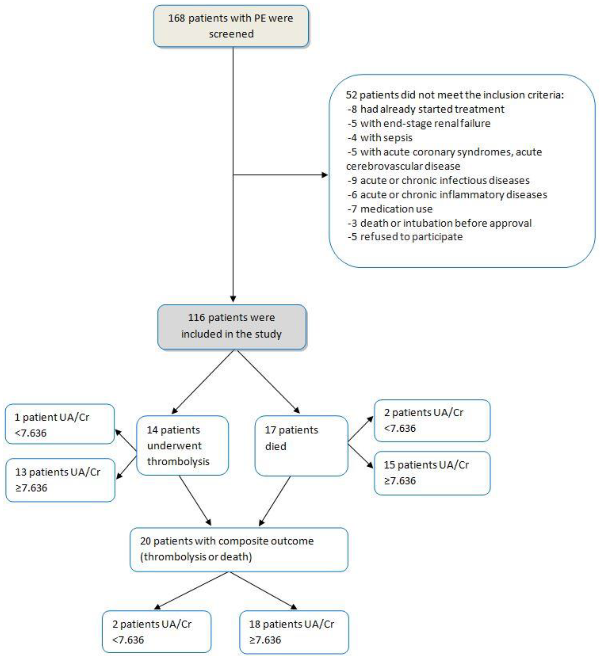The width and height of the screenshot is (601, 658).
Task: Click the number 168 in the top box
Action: (176, 18)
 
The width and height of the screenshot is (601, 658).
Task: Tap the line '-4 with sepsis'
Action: (380, 138)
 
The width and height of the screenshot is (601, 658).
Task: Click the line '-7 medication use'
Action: (390, 209)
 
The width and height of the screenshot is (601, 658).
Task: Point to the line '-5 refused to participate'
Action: (405, 237)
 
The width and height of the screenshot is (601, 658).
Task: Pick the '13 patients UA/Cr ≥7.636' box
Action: (60, 480)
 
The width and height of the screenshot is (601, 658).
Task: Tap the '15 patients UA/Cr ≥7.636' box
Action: (432, 473)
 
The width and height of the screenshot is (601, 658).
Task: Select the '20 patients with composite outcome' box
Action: (239, 549)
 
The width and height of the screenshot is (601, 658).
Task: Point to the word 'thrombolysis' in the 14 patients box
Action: (178, 462)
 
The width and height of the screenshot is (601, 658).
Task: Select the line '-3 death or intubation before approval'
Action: (439, 223)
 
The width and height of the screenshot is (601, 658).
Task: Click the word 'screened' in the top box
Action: (231, 34)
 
